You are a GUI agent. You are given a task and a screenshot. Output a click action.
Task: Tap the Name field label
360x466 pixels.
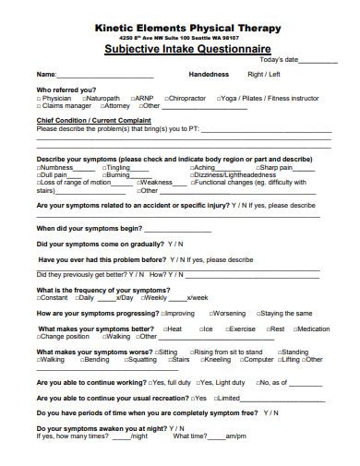[x=45, y=74]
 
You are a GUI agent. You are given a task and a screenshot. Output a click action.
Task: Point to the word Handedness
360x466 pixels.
[x=209, y=74]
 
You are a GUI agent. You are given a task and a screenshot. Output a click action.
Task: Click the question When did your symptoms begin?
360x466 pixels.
[x=89, y=228]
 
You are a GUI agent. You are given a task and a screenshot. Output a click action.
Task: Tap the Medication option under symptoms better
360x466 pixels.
[x=311, y=329]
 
